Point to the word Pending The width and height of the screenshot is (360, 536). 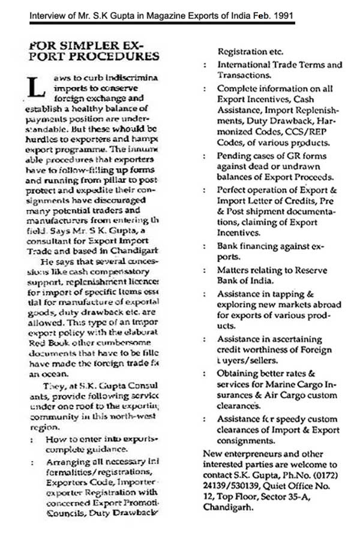point(233,158)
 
